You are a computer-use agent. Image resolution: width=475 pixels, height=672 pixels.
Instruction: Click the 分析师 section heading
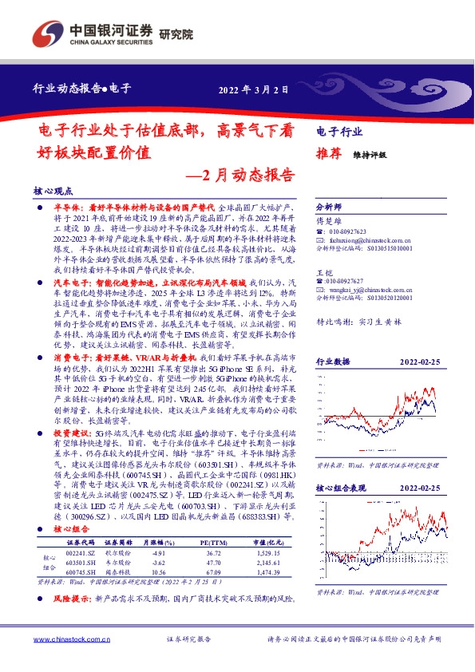pyautogui.click(x=329, y=204)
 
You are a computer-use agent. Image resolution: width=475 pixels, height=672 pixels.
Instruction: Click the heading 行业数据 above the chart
pyautogui.click(x=334, y=339)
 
